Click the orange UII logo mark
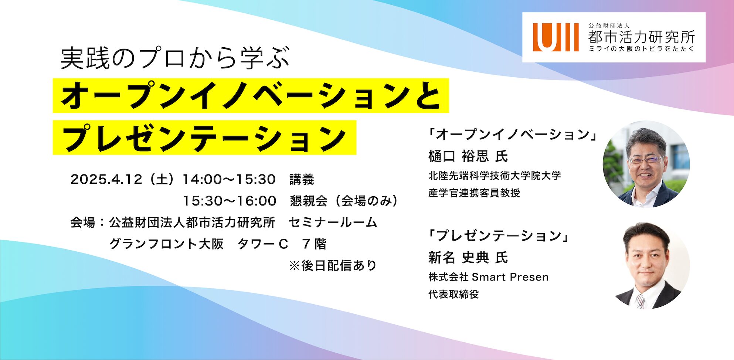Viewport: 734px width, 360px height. [x=555, y=37]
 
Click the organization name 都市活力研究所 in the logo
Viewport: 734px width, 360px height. [x=641, y=37]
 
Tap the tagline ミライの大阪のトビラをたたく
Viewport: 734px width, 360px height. [x=641, y=49]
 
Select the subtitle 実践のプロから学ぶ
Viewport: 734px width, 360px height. [x=175, y=58]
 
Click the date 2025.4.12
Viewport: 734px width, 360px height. [x=106, y=180]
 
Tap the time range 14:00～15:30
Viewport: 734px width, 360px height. [x=229, y=180]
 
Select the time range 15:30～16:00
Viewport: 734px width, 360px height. [x=230, y=201]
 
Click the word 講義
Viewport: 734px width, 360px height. [x=302, y=180]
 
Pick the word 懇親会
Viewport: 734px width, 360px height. [x=309, y=201]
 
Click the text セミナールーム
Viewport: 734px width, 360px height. [x=333, y=223]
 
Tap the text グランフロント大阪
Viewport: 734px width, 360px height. [x=166, y=244]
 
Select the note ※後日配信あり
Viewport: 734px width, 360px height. [x=333, y=265]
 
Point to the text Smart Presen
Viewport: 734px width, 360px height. [x=510, y=277]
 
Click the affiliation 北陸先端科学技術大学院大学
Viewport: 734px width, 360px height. [x=495, y=176]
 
